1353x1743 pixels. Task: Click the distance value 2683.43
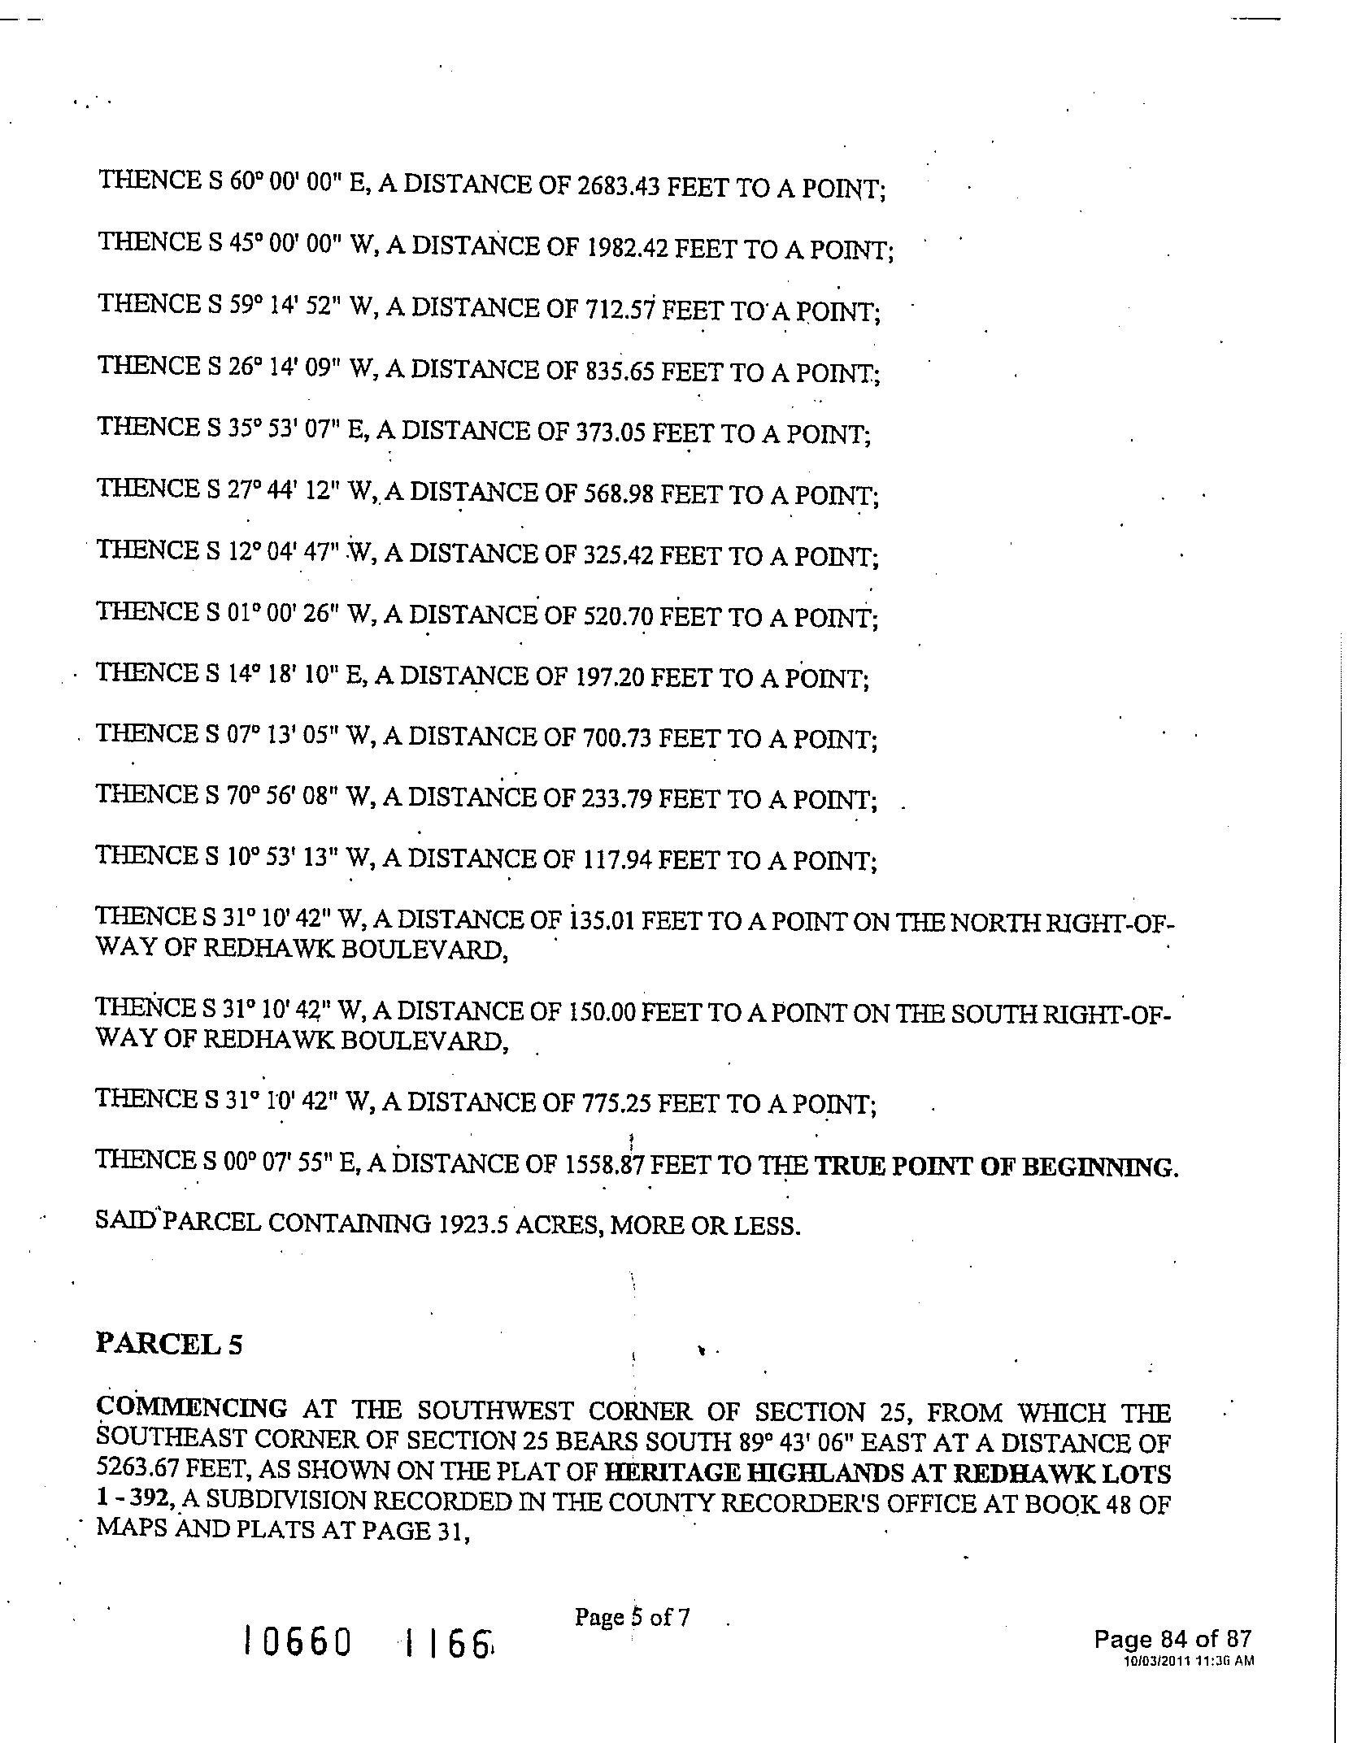(x=620, y=187)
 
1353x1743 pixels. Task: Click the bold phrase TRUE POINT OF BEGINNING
(x=996, y=1167)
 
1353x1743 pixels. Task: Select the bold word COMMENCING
(x=192, y=1407)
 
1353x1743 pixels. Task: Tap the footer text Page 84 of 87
(x=1172, y=1638)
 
